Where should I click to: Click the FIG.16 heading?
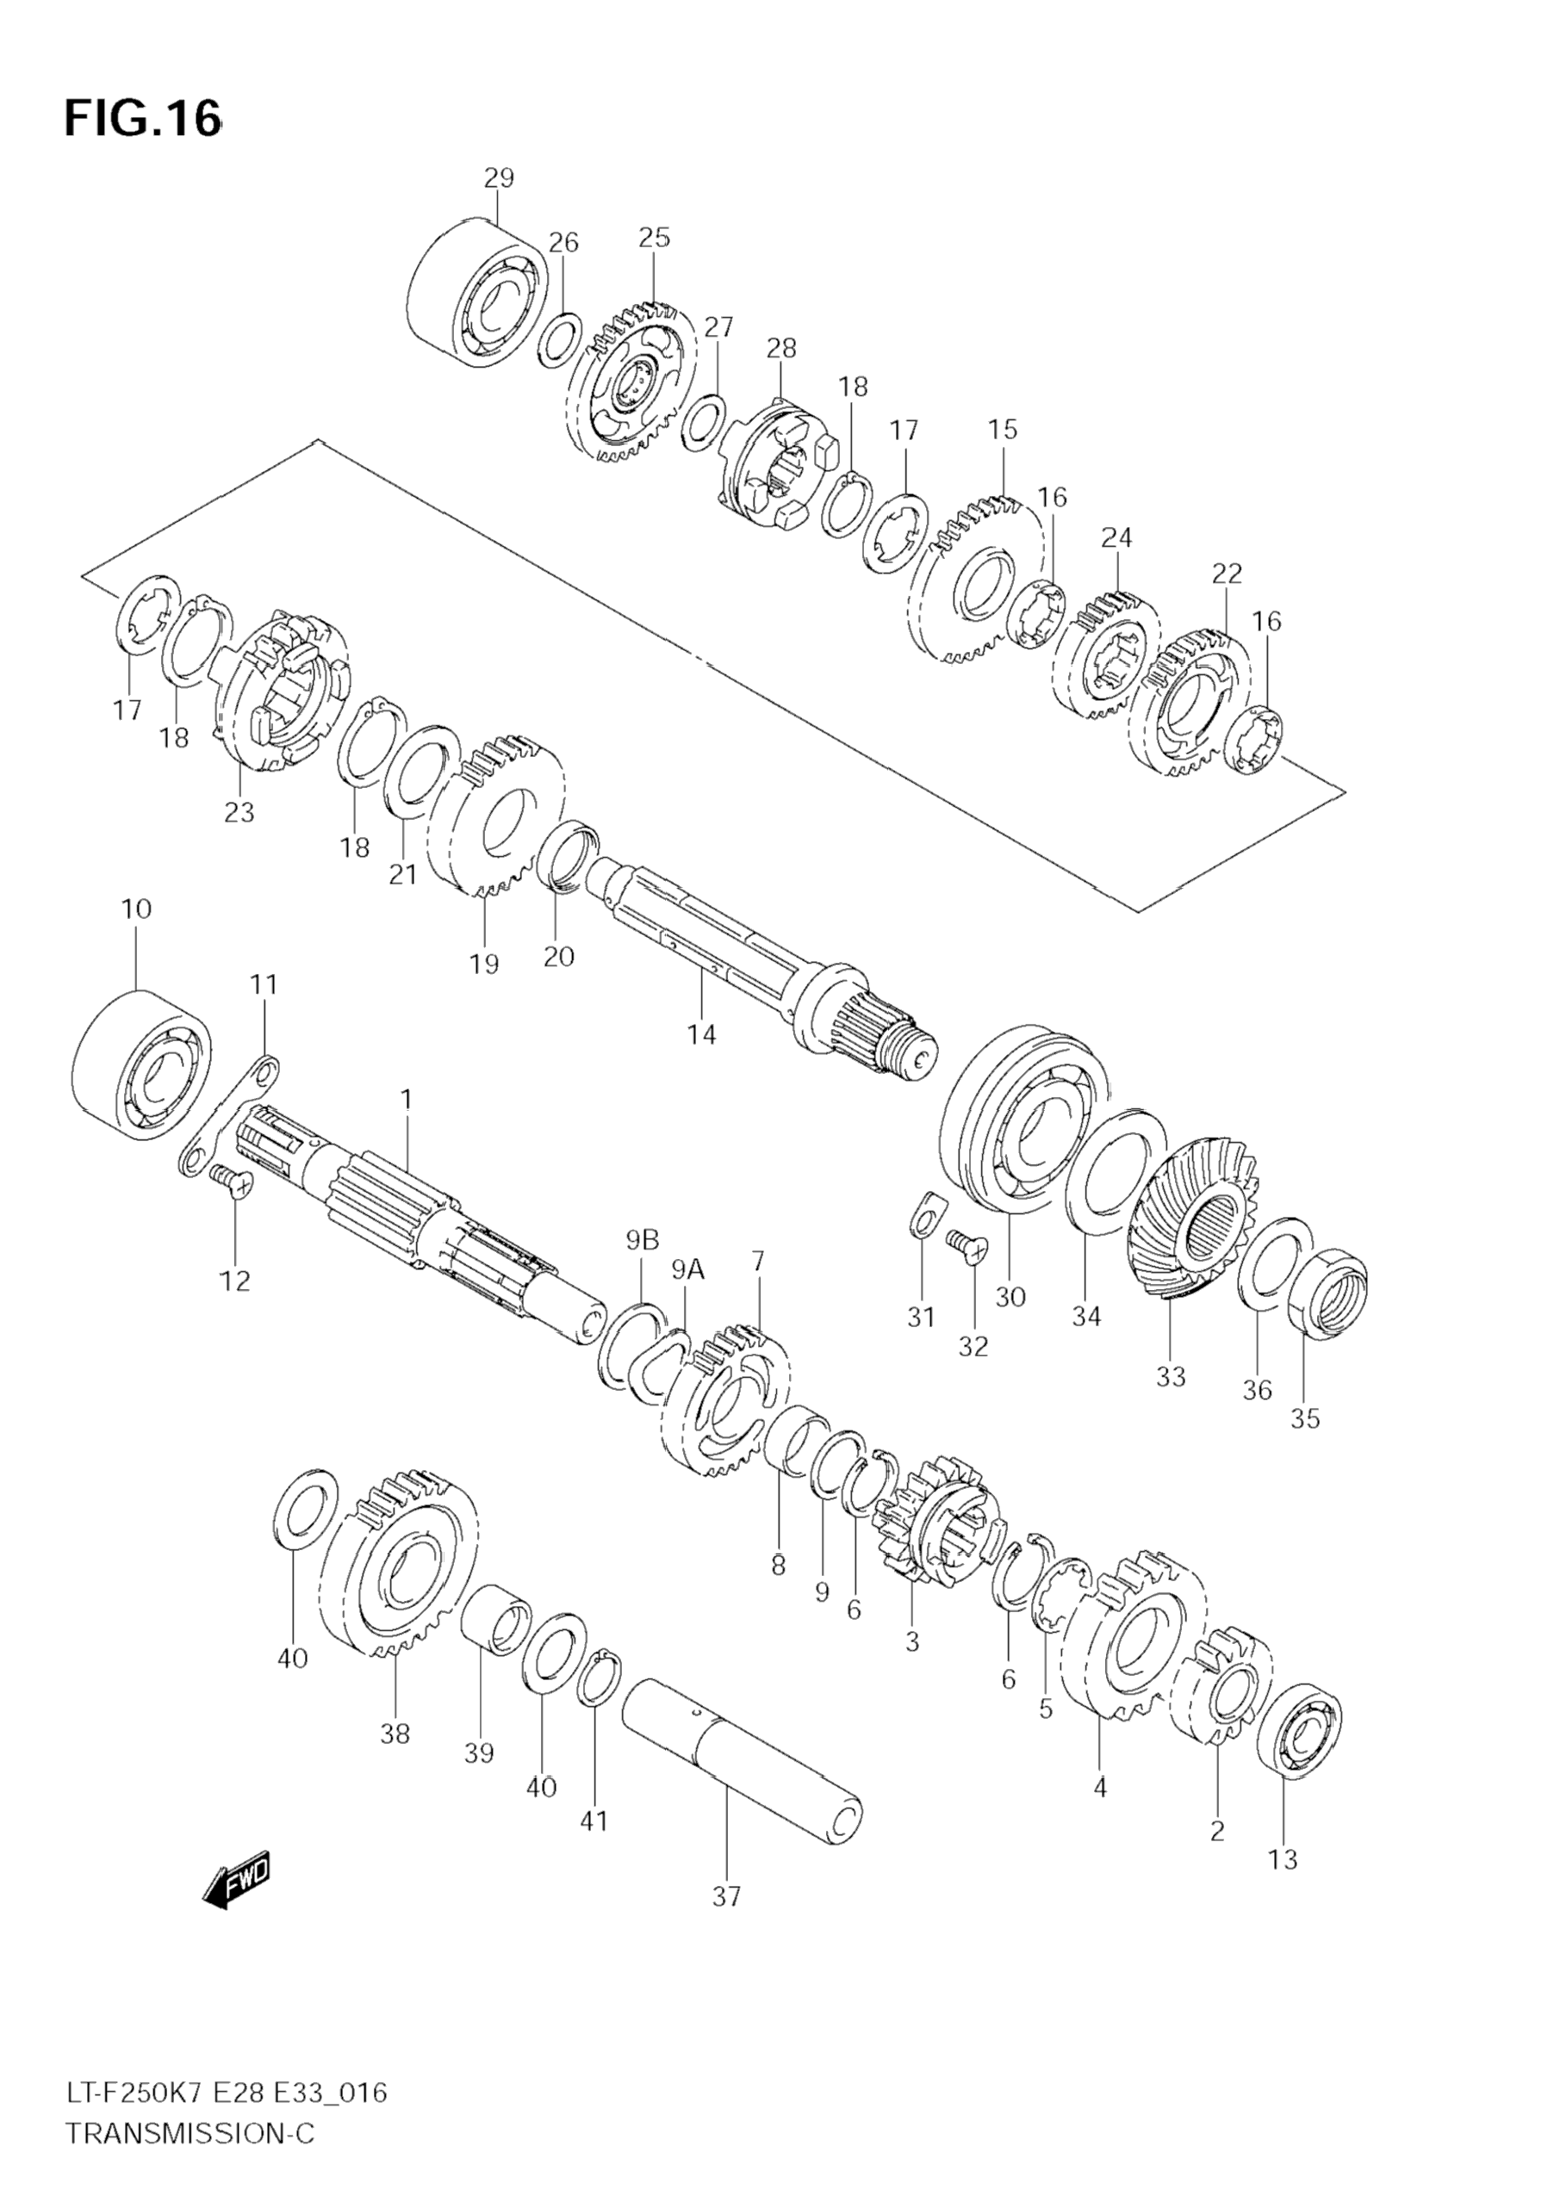[x=142, y=119]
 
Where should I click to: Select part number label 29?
[x=498, y=177]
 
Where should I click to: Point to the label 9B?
[x=643, y=1240]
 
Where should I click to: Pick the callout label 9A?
[x=687, y=1271]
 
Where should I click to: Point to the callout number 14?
[x=701, y=1034]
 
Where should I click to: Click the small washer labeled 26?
[x=559, y=338]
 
